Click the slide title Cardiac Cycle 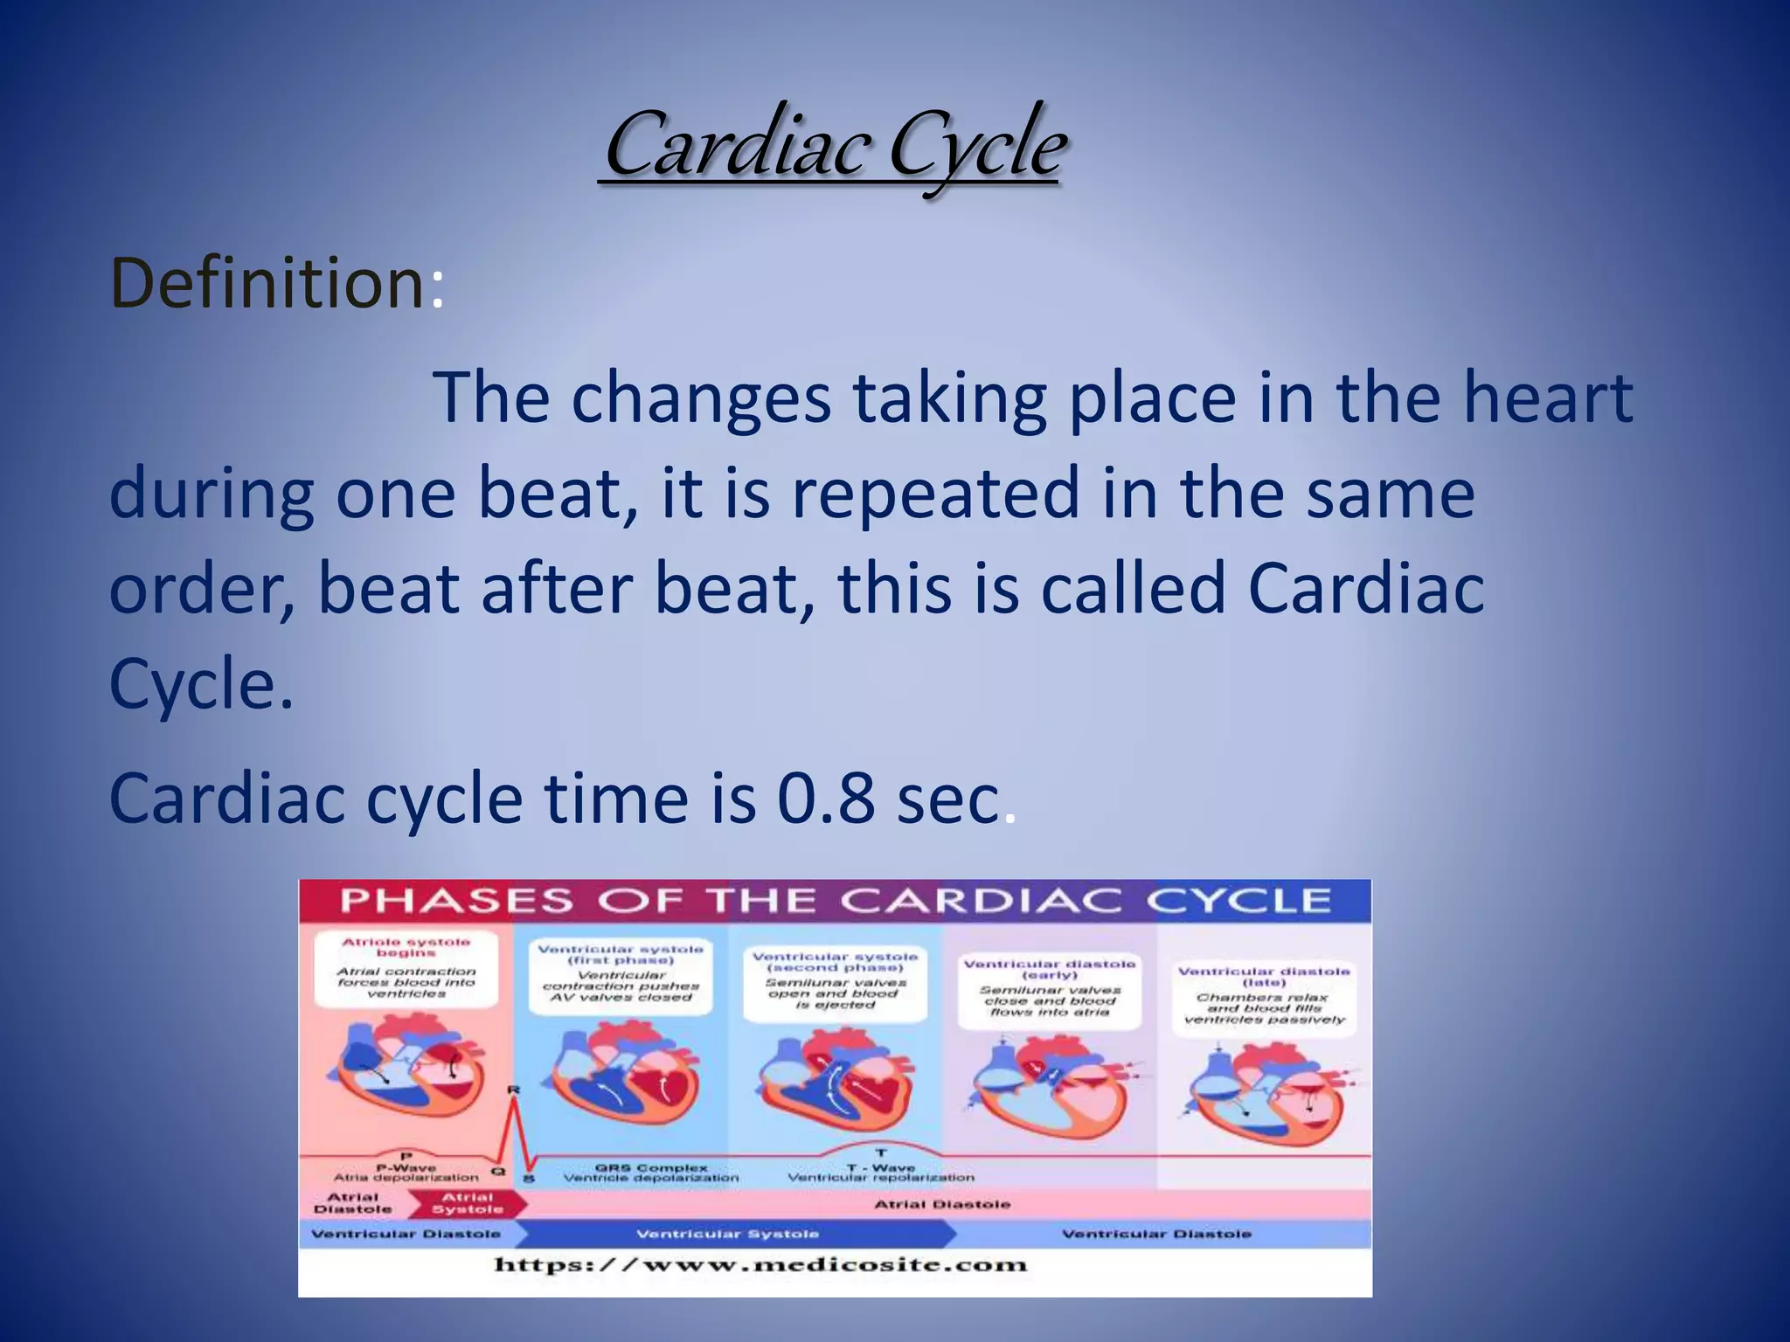click(x=835, y=144)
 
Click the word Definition click(x=267, y=284)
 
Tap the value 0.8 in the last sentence click(x=825, y=799)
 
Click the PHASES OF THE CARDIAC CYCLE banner click(x=835, y=901)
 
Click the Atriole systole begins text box click(x=406, y=969)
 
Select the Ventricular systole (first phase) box click(x=621, y=973)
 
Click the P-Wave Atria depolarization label click(x=406, y=1172)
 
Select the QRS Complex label click(x=651, y=1172)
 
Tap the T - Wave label click(x=881, y=1172)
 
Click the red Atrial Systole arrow click(x=469, y=1203)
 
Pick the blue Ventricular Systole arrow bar click(x=730, y=1234)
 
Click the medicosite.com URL click(x=760, y=1264)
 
